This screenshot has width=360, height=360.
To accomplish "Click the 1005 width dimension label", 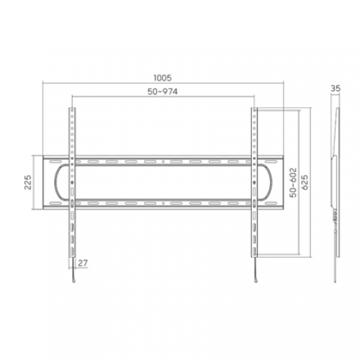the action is tap(163, 78).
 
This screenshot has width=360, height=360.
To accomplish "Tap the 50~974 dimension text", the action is tap(163, 91).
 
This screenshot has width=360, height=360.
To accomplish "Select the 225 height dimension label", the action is tap(28, 182).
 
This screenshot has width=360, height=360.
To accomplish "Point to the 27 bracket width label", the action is tap(83, 263).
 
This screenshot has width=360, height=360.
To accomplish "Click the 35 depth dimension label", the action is tap(336, 89).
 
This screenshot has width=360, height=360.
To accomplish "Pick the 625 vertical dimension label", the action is tap(305, 182).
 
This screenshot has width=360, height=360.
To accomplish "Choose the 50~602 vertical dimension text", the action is tap(293, 182).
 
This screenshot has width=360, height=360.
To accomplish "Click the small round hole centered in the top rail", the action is tap(163, 161).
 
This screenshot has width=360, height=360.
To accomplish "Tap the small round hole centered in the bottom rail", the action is tap(163, 204).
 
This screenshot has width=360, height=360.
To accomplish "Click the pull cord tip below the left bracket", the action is tap(73, 281).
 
